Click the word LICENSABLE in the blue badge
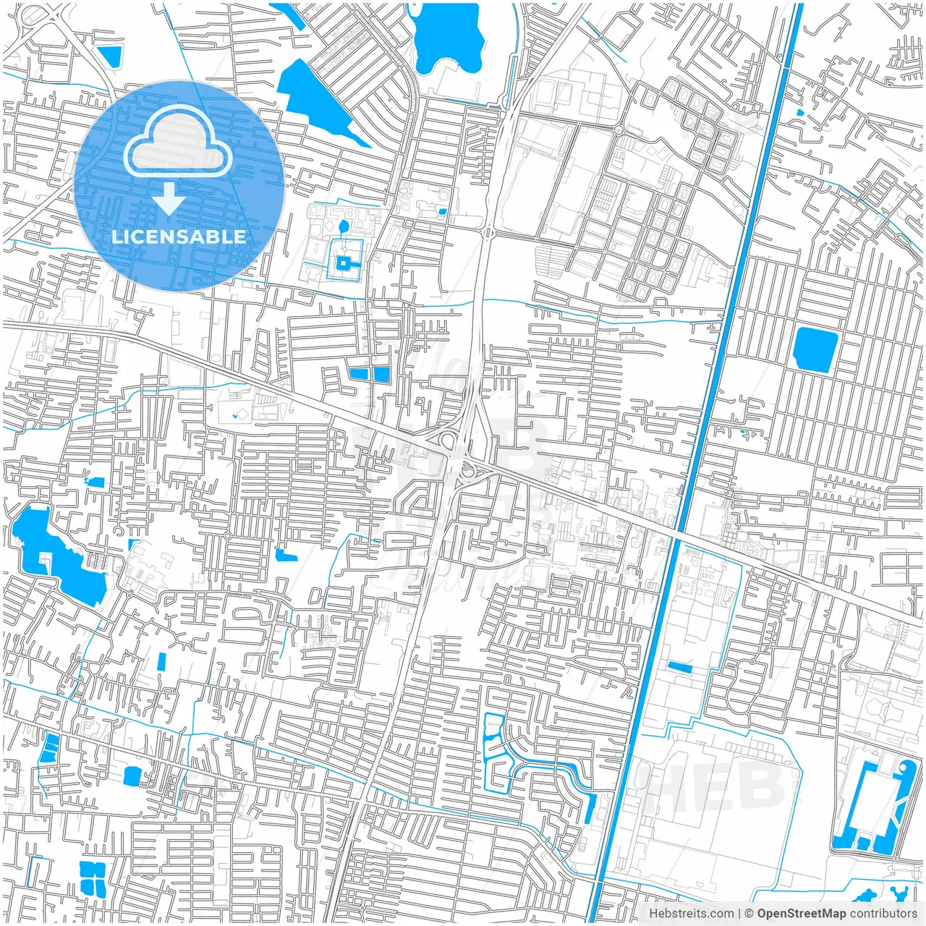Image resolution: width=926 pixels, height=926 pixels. [179, 237]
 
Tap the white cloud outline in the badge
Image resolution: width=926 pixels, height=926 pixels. [178, 144]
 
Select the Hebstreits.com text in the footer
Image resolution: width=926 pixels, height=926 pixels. [691, 914]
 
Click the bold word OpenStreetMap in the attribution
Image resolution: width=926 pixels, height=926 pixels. [801, 914]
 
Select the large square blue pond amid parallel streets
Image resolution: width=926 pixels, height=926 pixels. [815, 350]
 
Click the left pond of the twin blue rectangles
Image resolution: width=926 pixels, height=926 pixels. [358, 374]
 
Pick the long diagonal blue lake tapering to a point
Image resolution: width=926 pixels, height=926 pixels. [318, 101]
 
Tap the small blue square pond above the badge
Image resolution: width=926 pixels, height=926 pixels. [111, 56]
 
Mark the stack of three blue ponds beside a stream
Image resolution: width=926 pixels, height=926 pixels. [49, 747]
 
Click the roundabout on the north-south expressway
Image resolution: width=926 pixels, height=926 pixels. [485, 232]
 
